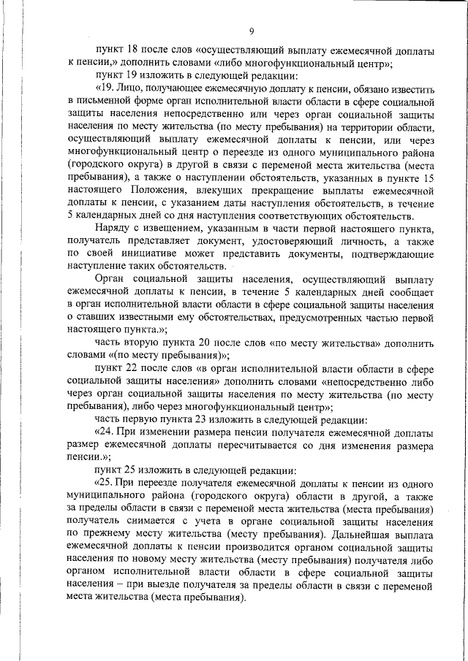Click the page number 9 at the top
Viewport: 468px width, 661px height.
tap(251, 31)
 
